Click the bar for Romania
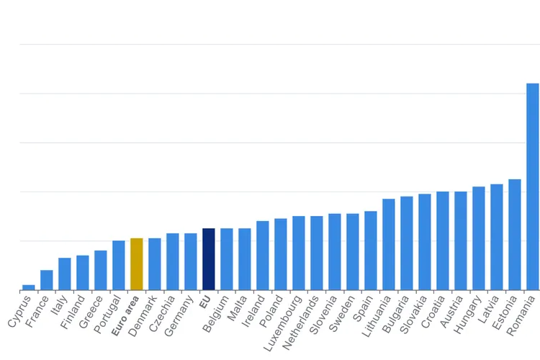[x=532, y=187]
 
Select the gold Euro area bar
[x=136, y=264]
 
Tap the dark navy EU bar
[x=208, y=259]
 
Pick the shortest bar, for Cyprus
[x=28, y=287]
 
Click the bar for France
[x=46, y=280]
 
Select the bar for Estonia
[x=514, y=235]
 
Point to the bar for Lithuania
[x=388, y=245]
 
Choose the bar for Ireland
[x=262, y=256]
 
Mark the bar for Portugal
[x=118, y=265]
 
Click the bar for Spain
[x=370, y=251]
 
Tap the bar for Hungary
[x=478, y=238]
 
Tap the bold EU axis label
[x=204, y=301]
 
